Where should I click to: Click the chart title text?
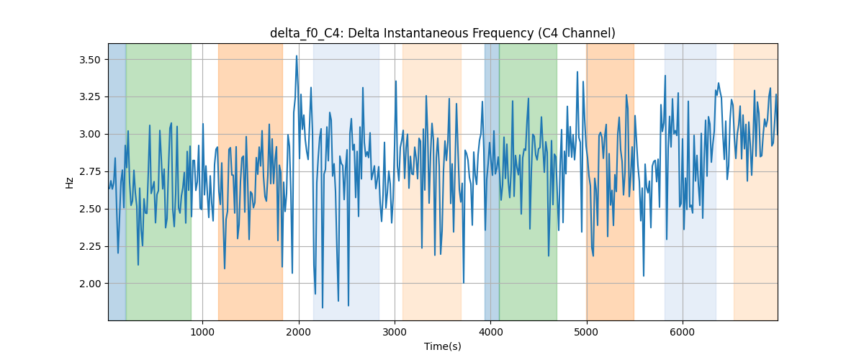[x=442, y=33]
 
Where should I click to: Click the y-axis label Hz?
[x=69, y=183]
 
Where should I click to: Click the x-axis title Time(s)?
[x=442, y=346]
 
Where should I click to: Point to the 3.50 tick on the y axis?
[x=90, y=60]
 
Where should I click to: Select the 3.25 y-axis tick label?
[x=90, y=97]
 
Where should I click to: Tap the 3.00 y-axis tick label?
[x=90, y=134]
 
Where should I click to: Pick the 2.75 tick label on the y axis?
[x=90, y=171]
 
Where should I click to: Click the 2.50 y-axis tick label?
[x=90, y=209]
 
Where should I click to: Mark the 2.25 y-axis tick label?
[x=90, y=246]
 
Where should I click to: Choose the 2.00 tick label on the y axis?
[x=90, y=284]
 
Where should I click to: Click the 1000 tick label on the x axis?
[x=202, y=332]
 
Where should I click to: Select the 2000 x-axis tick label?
[x=299, y=332]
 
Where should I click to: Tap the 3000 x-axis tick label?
[x=395, y=332]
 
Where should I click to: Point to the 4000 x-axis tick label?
[x=490, y=332]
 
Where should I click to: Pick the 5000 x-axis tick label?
[x=586, y=332]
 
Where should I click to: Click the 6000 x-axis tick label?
[x=683, y=332]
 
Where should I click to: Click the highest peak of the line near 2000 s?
[x=297, y=56]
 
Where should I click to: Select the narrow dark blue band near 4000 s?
[x=492, y=181]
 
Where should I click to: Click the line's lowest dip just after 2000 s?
[x=323, y=307]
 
